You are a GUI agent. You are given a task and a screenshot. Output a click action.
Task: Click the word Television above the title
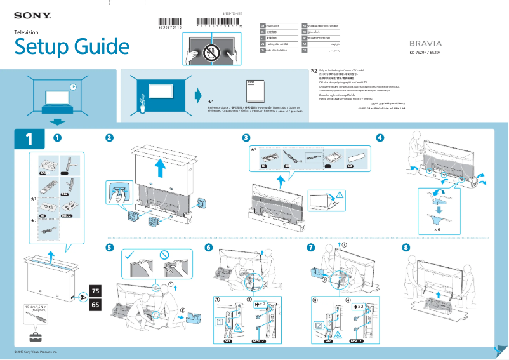click(27, 32)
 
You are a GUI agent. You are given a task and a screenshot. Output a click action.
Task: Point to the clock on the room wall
click(74, 87)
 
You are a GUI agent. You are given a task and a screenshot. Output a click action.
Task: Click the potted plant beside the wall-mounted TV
click(143, 102)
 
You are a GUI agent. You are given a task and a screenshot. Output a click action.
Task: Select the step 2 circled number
click(110, 137)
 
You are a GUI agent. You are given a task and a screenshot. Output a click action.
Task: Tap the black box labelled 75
click(96, 291)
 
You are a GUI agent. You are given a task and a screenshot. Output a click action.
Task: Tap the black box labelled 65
click(96, 305)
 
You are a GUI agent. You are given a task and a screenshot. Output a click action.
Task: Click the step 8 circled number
click(406, 247)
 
